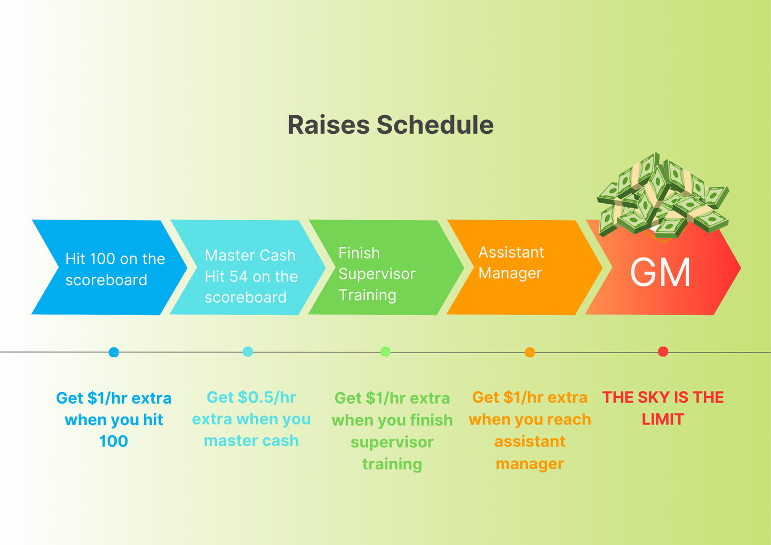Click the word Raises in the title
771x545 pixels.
pyautogui.click(x=329, y=125)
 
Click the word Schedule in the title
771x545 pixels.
pyautogui.click(x=435, y=125)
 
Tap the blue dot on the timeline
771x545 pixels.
pyautogui.click(x=114, y=352)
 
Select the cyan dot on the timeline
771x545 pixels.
pyautogui.click(x=248, y=351)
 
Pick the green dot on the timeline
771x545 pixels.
pyautogui.click(x=385, y=351)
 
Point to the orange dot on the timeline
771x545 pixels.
pyautogui.click(x=530, y=352)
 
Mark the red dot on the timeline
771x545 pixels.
pyautogui.click(x=663, y=351)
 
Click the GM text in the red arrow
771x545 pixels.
pyautogui.click(x=660, y=272)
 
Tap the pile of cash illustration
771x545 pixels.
pyautogui.click(x=663, y=196)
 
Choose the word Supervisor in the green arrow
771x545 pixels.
pyautogui.click(x=377, y=274)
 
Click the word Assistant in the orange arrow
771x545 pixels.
pyautogui.click(x=511, y=253)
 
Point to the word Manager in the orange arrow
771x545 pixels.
pyautogui.click(x=510, y=274)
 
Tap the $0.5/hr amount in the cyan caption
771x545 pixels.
pyautogui.click(x=267, y=397)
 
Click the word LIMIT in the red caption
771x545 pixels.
pyautogui.click(x=663, y=420)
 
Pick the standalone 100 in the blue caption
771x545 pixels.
pyautogui.click(x=114, y=442)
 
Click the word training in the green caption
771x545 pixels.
pyautogui.click(x=392, y=464)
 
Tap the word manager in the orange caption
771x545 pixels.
pyautogui.click(x=530, y=464)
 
